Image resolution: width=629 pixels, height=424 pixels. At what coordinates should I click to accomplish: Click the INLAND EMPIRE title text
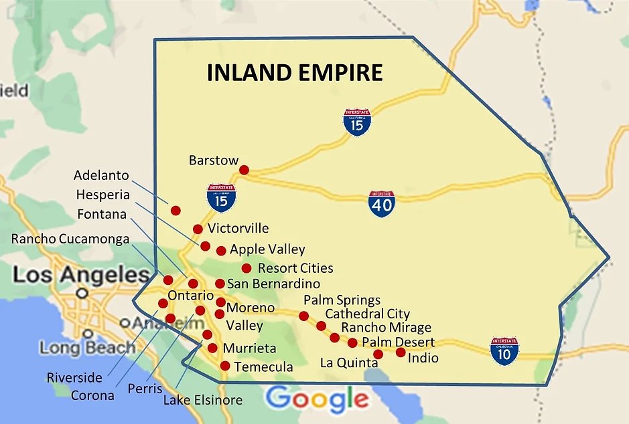295,72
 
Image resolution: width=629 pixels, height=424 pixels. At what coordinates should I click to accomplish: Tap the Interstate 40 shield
381,203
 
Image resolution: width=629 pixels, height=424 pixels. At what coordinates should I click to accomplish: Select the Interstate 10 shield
504,350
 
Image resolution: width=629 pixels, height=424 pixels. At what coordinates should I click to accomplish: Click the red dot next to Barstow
244,170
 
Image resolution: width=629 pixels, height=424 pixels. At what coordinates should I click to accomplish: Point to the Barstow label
214,161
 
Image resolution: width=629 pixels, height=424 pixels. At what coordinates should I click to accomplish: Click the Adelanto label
101,175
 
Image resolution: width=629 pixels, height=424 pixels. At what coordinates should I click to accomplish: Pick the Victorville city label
238,228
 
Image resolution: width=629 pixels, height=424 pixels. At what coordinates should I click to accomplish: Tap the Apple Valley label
267,249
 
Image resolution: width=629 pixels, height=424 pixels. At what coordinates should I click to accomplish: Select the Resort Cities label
295,268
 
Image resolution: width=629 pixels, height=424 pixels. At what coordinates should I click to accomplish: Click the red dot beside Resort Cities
247,268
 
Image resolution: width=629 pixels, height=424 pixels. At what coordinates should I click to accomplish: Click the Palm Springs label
342,300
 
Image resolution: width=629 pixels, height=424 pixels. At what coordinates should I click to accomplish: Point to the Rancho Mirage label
386,328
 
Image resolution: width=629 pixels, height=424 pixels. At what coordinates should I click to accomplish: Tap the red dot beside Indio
401,352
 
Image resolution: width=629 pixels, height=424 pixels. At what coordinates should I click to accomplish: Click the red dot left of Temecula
225,366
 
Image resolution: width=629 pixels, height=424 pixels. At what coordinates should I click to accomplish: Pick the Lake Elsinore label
203,401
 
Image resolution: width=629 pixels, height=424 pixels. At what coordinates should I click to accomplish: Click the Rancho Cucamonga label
70,239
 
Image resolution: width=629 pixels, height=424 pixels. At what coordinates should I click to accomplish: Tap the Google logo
317,399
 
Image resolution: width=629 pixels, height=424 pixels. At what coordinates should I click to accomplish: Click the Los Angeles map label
80,275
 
